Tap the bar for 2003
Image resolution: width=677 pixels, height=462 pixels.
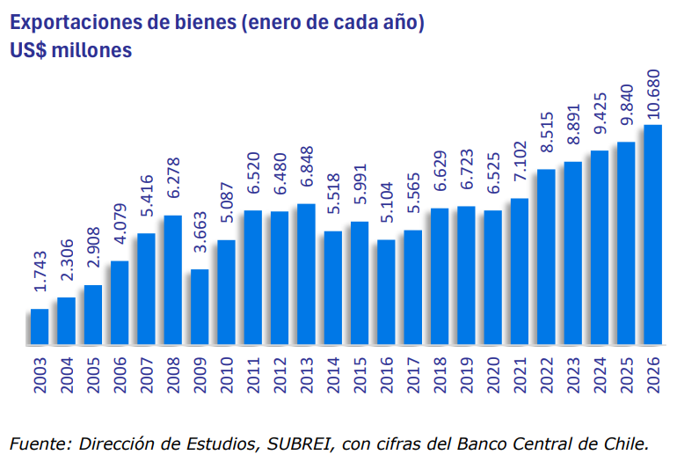click(40, 326)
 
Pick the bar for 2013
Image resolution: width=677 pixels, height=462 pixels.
click(306, 274)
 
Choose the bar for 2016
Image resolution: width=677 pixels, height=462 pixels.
click(386, 291)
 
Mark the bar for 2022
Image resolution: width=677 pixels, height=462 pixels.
click(546, 256)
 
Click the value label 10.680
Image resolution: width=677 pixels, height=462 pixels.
click(653, 95)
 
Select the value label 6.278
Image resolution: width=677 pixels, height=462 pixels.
click(173, 186)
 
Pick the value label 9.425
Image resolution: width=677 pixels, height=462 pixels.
click(600, 121)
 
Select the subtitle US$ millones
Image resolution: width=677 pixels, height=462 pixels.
click(71, 50)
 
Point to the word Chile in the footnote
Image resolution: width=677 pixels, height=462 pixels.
click(627, 442)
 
